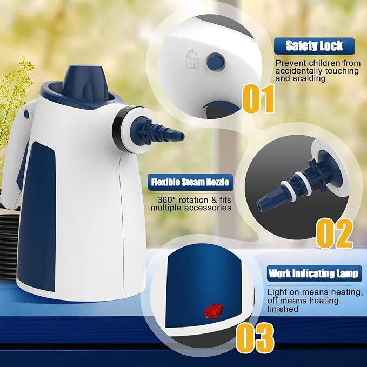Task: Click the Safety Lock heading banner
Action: pos(315,46)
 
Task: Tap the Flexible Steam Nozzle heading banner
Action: pos(190,182)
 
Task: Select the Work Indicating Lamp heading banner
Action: pos(315,273)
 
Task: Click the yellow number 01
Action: pos(259,98)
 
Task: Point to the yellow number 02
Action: pos(335,233)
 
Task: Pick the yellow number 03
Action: pos(255,338)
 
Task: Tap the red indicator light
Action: pos(213,311)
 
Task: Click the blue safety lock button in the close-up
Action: pos(216,62)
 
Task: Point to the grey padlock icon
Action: pos(192,59)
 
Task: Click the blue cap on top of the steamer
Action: pos(85,83)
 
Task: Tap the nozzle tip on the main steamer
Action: pos(180,136)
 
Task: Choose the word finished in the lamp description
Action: pos(283,309)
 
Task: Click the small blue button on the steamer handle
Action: pos(26,114)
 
